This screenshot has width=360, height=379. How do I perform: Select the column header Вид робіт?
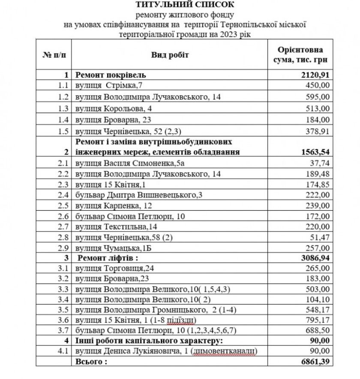(169, 55)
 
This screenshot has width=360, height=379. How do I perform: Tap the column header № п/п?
(55, 55)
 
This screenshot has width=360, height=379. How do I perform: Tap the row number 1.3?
(63, 108)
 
